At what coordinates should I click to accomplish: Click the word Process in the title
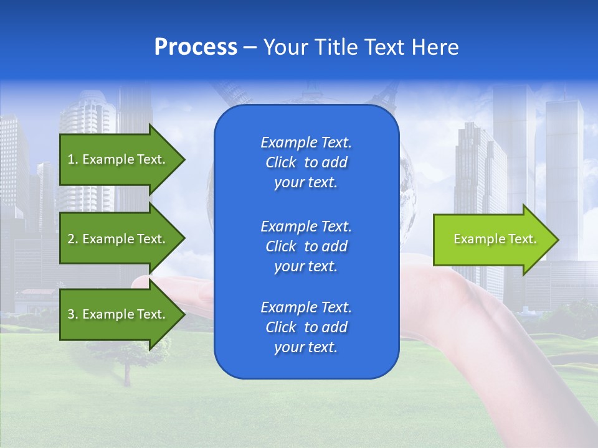coord(196,47)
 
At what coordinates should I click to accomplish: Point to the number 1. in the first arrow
coord(72,159)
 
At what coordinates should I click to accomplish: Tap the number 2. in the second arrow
coord(72,239)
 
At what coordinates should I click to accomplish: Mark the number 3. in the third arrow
coord(72,314)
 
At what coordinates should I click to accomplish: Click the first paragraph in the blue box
coord(306,162)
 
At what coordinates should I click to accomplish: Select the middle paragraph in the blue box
coord(306,246)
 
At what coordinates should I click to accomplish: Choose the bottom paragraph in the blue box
coord(306,327)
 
